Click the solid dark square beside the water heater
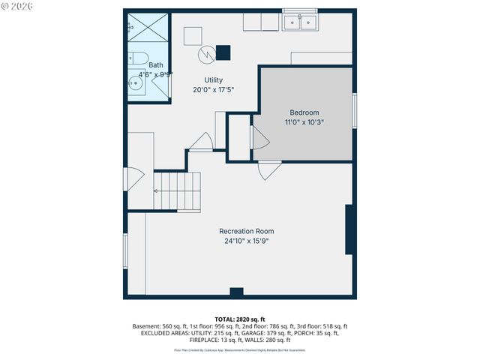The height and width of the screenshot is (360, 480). coord(223,52)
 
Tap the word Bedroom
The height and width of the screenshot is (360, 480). coord(304,112)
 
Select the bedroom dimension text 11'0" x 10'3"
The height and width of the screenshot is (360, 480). coord(304,121)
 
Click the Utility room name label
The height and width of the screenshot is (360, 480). coord(214,80)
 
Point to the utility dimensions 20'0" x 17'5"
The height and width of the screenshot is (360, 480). coord(214,89)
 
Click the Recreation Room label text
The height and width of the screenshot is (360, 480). coord(246,231)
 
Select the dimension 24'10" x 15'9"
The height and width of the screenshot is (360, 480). coord(246,241)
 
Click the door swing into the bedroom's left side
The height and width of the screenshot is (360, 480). coord(259,137)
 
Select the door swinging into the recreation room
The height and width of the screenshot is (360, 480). coord(269,171)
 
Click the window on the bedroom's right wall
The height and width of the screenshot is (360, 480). coord(354,110)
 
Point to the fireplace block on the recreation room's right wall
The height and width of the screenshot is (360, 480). coord(349,229)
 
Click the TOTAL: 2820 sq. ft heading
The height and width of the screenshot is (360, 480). coord(239,319)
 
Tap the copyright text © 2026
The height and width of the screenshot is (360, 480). coord(17,6)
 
